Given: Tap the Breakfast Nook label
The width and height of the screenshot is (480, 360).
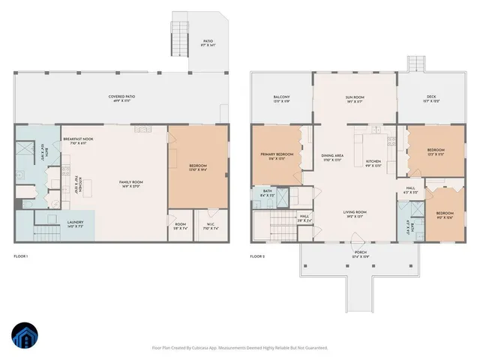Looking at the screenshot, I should (x=77, y=140).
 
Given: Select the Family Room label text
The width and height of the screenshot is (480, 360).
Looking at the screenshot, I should (x=131, y=184).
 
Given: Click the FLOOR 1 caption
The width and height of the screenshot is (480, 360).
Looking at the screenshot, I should (x=20, y=257).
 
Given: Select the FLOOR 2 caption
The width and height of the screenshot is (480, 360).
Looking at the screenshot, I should (x=256, y=257).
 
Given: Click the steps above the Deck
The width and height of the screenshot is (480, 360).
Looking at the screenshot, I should (x=415, y=64).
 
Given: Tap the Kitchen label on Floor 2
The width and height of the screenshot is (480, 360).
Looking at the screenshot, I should (x=373, y=163).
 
